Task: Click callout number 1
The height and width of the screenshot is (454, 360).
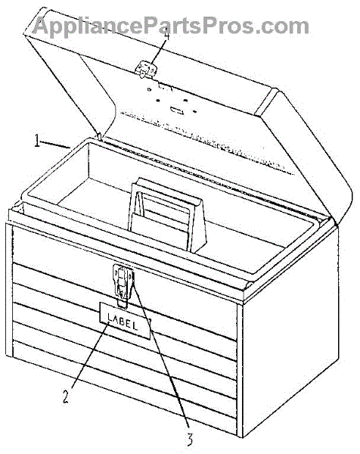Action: coord(37,141)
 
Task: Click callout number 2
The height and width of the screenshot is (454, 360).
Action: coord(66,396)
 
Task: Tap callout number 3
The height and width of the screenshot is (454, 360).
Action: coord(189,440)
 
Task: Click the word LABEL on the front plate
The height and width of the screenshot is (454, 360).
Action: coord(123,321)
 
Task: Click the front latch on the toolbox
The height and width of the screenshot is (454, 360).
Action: coord(123,284)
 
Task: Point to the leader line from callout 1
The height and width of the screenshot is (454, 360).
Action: coord(55,145)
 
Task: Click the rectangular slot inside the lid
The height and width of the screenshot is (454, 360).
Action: coord(177,110)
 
